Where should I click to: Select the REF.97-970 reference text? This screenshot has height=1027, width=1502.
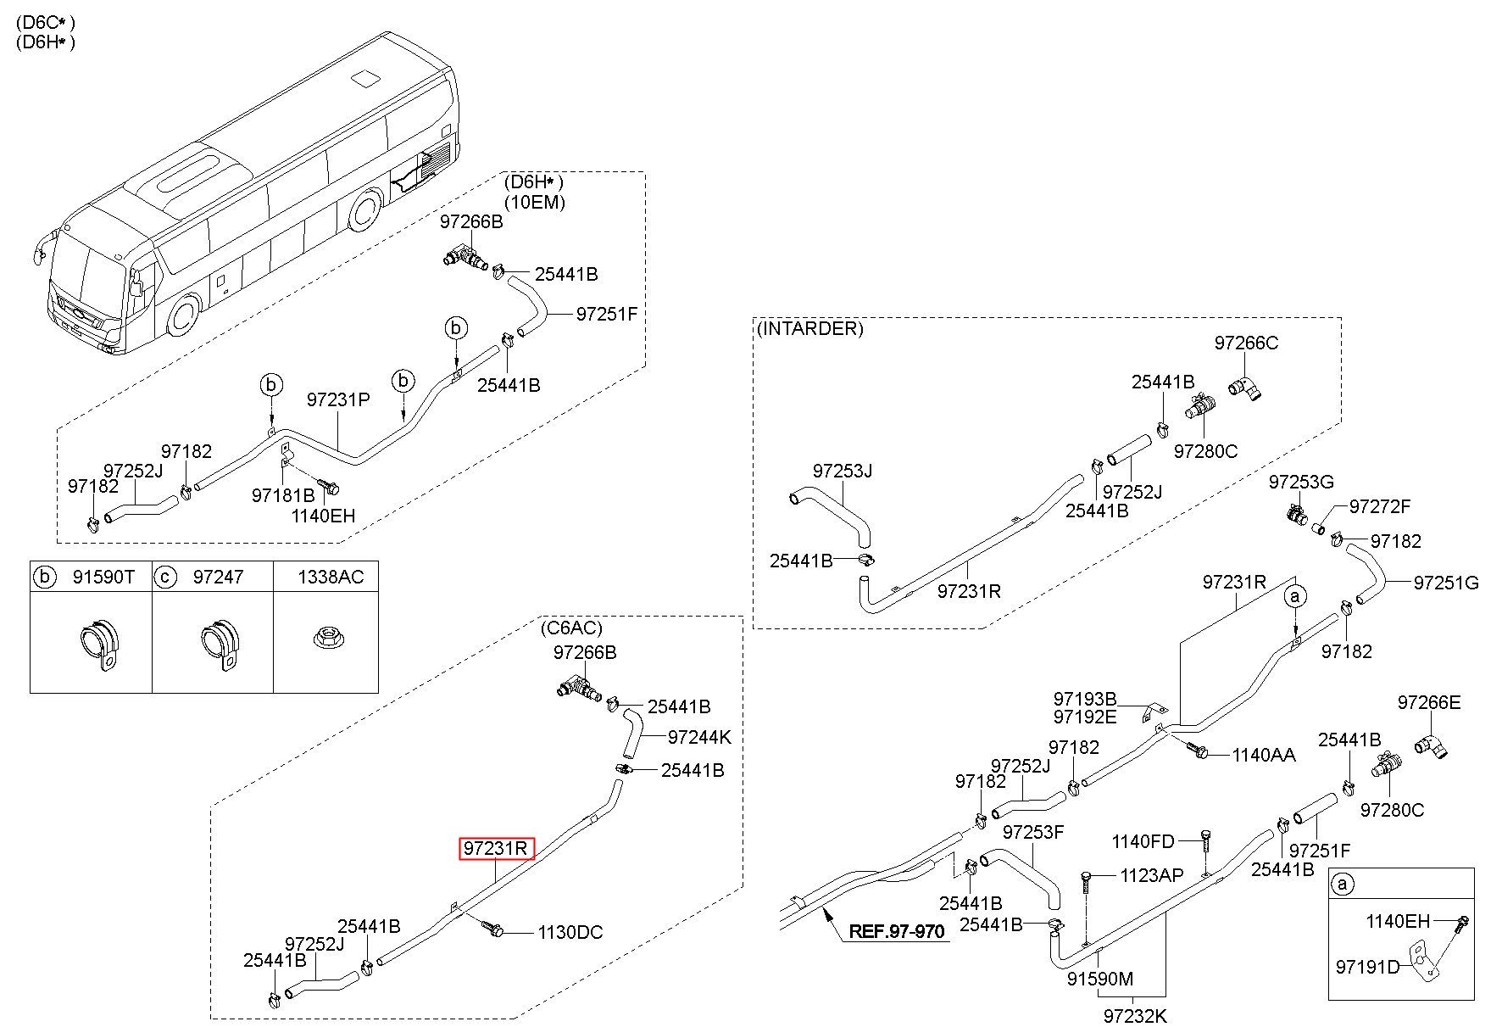coord(897,931)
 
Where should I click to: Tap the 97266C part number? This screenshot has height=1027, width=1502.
coord(1246,343)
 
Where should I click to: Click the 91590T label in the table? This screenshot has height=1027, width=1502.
coord(103,577)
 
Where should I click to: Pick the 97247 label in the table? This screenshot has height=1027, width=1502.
coord(218,577)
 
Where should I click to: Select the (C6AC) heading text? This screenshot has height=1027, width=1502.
coord(571,628)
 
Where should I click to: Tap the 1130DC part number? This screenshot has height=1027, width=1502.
coord(570,932)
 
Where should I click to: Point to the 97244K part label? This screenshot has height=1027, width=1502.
coord(699,737)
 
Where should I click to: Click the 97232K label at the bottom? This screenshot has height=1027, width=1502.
coord(1136,1015)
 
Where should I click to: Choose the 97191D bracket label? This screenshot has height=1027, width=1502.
coord(1368,967)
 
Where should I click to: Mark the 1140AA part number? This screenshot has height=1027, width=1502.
coord(1263,755)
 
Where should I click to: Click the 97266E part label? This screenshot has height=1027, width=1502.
coord(1429,702)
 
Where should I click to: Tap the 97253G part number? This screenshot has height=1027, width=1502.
coord(1301,482)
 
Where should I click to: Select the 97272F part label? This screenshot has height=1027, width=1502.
coord(1380,506)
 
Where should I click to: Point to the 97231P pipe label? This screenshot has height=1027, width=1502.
coord(338,399)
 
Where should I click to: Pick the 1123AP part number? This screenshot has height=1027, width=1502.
coord(1152,875)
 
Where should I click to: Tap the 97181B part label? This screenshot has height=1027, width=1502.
coord(283,495)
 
